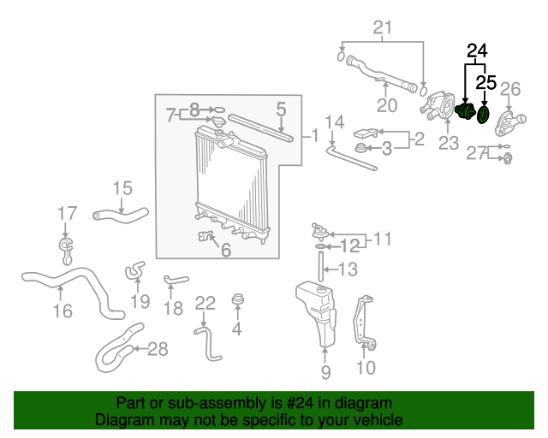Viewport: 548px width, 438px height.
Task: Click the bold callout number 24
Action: tap(477, 51)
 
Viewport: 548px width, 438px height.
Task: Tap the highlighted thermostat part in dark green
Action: tap(465, 110)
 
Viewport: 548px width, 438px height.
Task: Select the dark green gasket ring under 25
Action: tap(483, 115)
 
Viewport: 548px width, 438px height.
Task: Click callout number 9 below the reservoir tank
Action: tap(325, 372)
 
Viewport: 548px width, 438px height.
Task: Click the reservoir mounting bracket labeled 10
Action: tap(364, 323)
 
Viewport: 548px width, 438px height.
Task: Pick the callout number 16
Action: tap(63, 311)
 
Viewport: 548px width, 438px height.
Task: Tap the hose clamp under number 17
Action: tap(66, 251)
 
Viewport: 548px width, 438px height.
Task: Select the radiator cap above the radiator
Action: tap(218, 122)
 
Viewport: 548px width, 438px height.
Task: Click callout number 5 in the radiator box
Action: tap(281, 109)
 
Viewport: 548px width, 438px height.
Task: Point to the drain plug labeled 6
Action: tap(205, 236)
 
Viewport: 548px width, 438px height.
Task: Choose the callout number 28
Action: tap(158, 348)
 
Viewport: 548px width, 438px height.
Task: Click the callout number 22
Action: tap(205, 303)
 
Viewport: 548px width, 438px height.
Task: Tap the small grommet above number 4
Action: tap(238, 299)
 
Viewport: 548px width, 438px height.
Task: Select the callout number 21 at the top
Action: tap(383, 27)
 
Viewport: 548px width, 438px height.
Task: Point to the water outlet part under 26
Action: tap(510, 123)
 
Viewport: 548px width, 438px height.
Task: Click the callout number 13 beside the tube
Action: tap(348, 269)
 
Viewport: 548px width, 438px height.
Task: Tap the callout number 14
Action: tap(335, 121)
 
